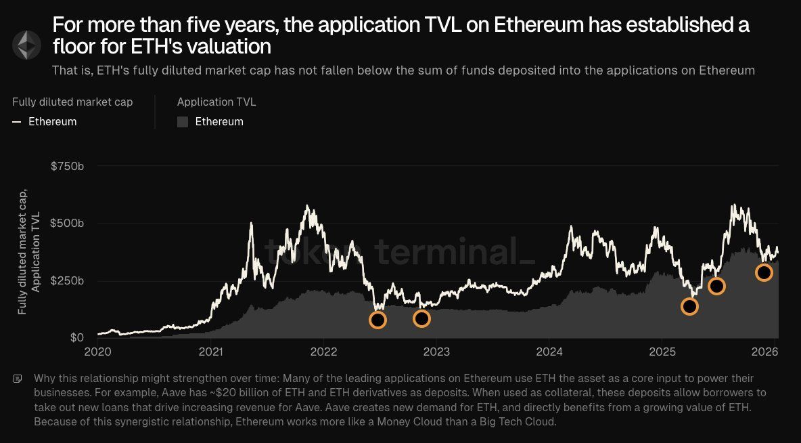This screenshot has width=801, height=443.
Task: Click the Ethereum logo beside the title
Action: tap(27, 44)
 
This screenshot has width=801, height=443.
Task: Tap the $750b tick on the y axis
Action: tap(68, 167)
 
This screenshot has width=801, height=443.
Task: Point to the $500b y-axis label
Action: tap(68, 224)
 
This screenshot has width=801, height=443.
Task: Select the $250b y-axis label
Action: tap(68, 280)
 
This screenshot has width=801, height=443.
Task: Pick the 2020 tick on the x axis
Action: tap(98, 352)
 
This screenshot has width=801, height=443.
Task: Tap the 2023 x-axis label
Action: tap(436, 352)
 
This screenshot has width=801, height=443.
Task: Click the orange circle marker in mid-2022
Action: tap(378, 320)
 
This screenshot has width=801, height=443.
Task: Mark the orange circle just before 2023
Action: tap(421, 318)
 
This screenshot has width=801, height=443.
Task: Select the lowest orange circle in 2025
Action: tap(689, 306)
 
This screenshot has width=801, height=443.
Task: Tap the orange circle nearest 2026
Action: tap(764, 272)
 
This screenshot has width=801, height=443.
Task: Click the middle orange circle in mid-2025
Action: tap(716, 286)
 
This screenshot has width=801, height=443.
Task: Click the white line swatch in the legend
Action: tap(17, 122)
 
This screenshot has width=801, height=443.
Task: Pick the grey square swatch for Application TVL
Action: tap(183, 122)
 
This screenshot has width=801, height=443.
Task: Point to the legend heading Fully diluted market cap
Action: tap(72, 102)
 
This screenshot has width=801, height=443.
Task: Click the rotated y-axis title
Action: tap(30, 252)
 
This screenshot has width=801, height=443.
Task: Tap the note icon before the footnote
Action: tap(18, 379)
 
